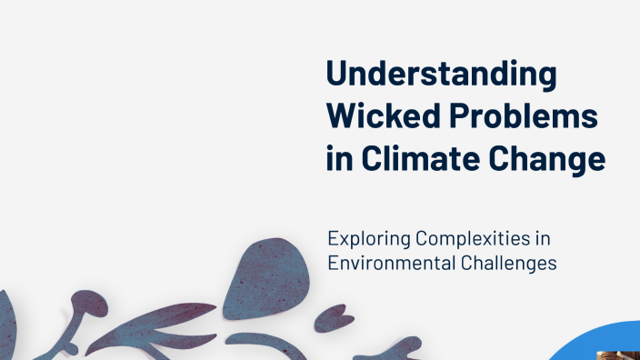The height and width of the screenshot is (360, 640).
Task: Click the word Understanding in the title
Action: [x=441, y=75]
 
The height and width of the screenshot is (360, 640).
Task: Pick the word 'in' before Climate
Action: [x=338, y=159]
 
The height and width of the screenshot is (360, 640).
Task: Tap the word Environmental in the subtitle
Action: [x=392, y=263]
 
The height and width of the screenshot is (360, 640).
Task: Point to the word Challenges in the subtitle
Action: [x=510, y=263]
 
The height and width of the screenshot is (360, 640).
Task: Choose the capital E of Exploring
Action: [x=334, y=240]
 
